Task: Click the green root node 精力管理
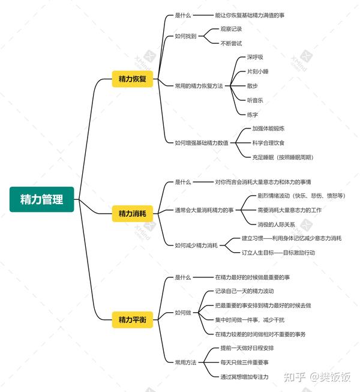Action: click(41, 199)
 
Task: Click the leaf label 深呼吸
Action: click(255, 57)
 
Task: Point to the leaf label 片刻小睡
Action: click(258, 71)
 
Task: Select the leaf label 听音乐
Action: click(255, 100)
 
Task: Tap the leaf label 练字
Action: click(252, 113)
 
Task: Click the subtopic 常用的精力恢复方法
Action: click(199, 86)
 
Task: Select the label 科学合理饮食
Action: click(268, 142)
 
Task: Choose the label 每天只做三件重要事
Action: click(244, 362)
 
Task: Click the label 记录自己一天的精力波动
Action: click(244, 291)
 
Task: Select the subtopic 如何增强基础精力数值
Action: click(202, 142)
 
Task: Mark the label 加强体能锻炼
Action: click(268, 128)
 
